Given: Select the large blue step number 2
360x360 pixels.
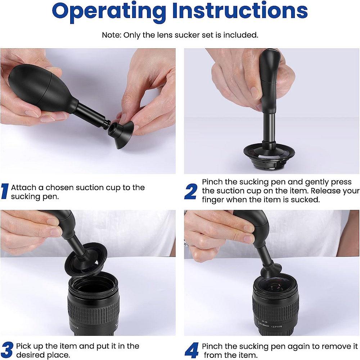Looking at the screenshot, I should coord(190,192).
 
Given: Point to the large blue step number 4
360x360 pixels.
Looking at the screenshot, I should coord(191,350).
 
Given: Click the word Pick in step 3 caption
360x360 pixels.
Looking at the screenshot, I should coord(24,346).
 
